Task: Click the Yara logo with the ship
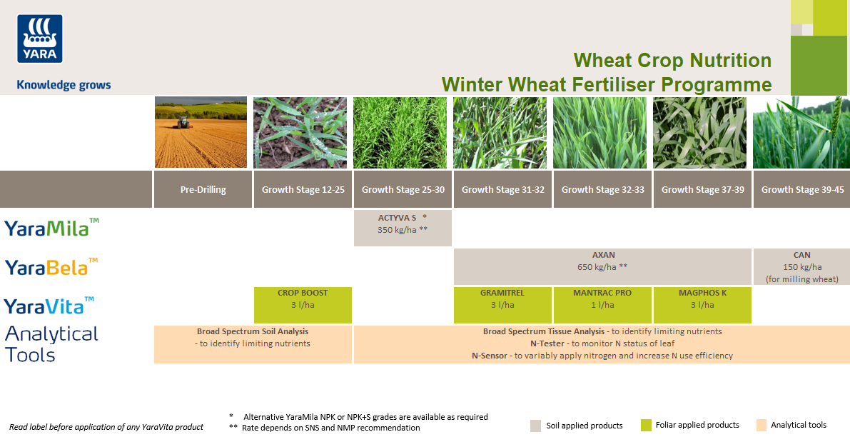click(40, 39)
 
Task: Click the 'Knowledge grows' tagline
click(64, 85)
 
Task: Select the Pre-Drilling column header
click(203, 190)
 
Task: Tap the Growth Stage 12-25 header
click(303, 190)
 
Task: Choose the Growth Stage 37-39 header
click(702, 190)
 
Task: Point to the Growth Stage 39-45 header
click(802, 190)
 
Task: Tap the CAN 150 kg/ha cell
click(801, 266)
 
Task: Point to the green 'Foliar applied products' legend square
click(647, 425)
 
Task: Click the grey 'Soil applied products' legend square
click(536, 425)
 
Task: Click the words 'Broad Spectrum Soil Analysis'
click(253, 331)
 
